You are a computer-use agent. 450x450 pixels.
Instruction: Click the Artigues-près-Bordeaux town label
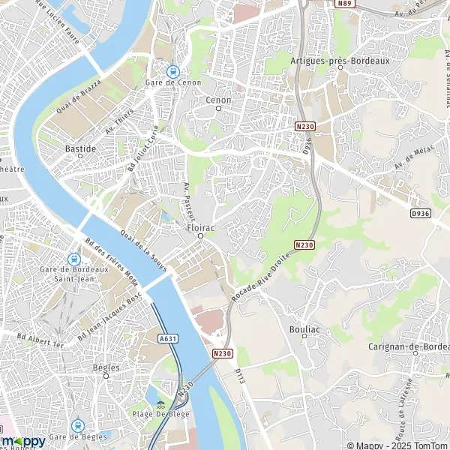340,61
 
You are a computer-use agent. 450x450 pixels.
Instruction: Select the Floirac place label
199,224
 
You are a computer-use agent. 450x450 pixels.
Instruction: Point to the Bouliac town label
304,328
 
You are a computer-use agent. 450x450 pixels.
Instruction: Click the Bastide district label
80,148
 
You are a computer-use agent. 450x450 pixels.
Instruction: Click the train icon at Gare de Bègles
76,424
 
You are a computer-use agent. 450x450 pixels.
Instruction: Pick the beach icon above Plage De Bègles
160,404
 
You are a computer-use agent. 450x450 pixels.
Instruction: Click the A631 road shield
168,338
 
